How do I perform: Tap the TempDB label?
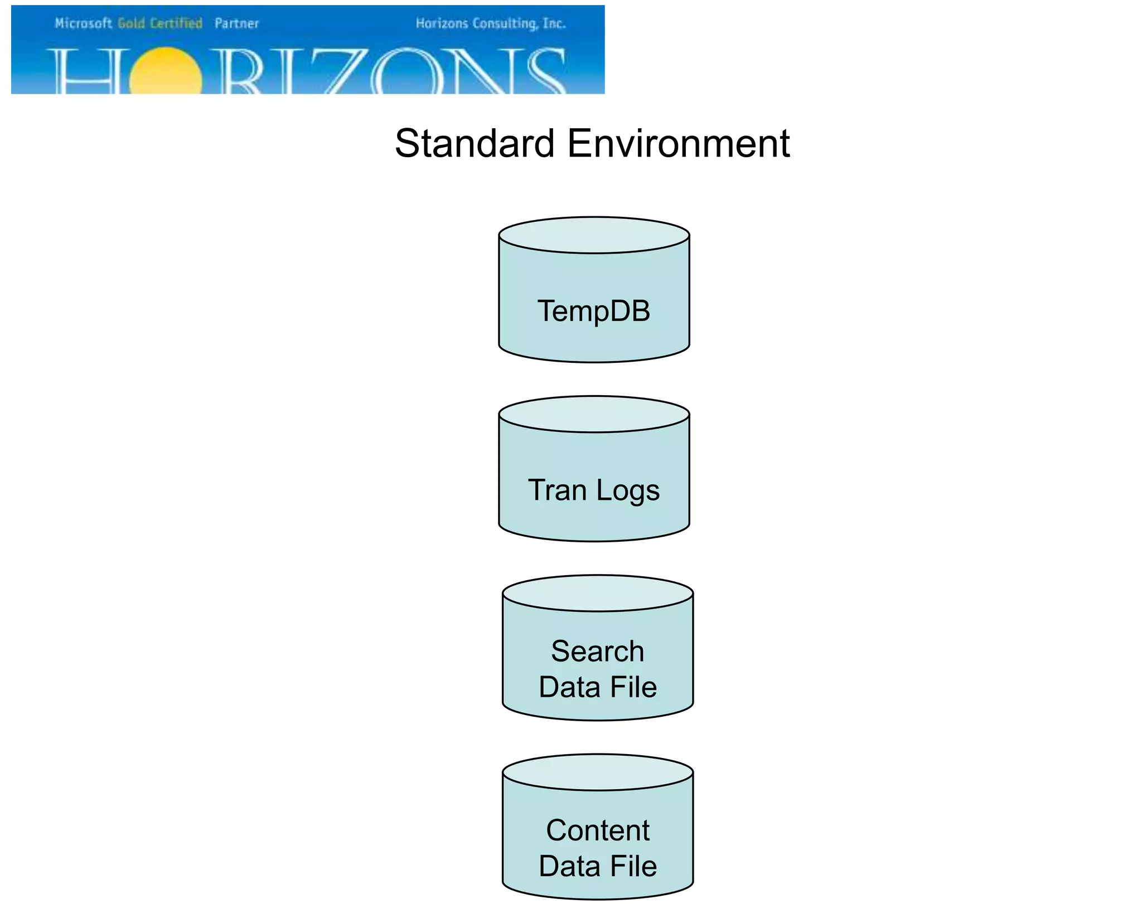[594, 311]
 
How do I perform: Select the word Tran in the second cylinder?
[557, 490]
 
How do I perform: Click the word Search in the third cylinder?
[597, 651]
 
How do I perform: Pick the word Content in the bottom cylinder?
[598, 830]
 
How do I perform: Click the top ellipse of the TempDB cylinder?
[594, 235]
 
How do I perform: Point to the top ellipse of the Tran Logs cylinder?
[594, 415]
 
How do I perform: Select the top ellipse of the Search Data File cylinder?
[598, 594]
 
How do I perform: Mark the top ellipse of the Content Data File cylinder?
[598, 772]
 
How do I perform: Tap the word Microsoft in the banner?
[83, 23]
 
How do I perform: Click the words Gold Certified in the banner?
[160, 23]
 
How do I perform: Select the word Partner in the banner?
[236, 23]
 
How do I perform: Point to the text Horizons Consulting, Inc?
[491, 23]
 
